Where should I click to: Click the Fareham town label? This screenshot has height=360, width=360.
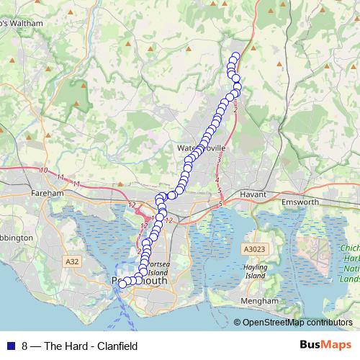click(x=48, y=194)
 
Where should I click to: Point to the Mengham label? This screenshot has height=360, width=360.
click(x=260, y=300)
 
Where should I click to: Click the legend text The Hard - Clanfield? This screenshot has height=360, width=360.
click(x=91, y=346)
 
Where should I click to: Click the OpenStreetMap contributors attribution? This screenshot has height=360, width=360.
click(x=297, y=323)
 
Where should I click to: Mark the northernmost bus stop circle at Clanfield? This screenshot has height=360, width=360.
click(x=235, y=56)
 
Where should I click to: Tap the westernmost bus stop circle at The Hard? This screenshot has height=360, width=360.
click(x=122, y=284)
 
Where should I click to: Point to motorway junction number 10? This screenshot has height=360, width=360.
click(x=45, y=171)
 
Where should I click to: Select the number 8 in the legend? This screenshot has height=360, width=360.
click(x=25, y=346)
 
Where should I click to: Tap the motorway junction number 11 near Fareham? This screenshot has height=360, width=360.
click(x=60, y=177)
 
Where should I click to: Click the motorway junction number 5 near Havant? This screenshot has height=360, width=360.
click(x=220, y=204)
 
